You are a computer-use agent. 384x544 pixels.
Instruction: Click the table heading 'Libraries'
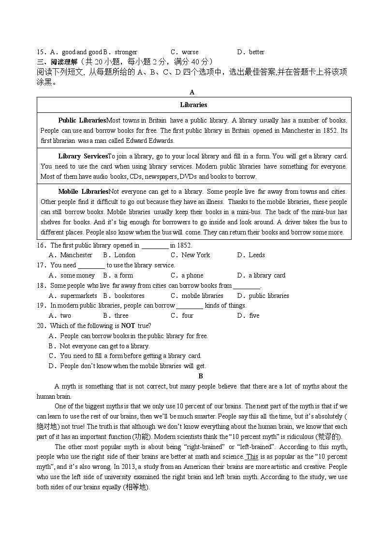pyautogui.click(x=193, y=105)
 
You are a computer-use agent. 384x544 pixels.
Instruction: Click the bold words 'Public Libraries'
pyautogui.click(x=82, y=120)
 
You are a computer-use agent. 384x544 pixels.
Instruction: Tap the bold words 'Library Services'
pyautogui.click(x=83, y=156)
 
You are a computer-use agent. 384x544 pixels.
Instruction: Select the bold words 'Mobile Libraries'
pyautogui.click(x=83, y=191)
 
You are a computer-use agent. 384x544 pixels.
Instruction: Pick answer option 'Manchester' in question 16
pyautogui.click(x=76, y=255)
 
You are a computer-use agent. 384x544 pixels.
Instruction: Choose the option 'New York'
pyautogui.click(x=195, y=255)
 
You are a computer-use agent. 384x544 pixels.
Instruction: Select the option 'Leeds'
pyautogui.click(x=257, y=255)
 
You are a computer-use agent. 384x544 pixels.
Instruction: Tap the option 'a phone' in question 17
pyautogui.click(x=192, y=275)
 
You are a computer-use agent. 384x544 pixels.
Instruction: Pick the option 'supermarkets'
pyautogui.click(x=79, y=295)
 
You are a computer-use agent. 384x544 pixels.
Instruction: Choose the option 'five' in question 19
pyautogui.click(x=254, y=315)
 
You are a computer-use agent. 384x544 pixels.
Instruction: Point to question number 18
pyautogui.click(x=41, y=285)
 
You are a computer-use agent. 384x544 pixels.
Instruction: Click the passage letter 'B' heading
pyautogui.click(x=201, y=376)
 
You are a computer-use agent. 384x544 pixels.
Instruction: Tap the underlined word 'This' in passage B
pyautogui.click(x=252, y=456)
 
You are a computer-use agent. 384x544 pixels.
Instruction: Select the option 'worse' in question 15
pyautogui.click(x=190, y=52)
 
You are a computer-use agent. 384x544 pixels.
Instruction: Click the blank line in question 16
pyautogui.click(x=155, y=245)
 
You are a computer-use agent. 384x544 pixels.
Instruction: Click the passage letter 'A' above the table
pyautogui.click(x=192, y=92)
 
